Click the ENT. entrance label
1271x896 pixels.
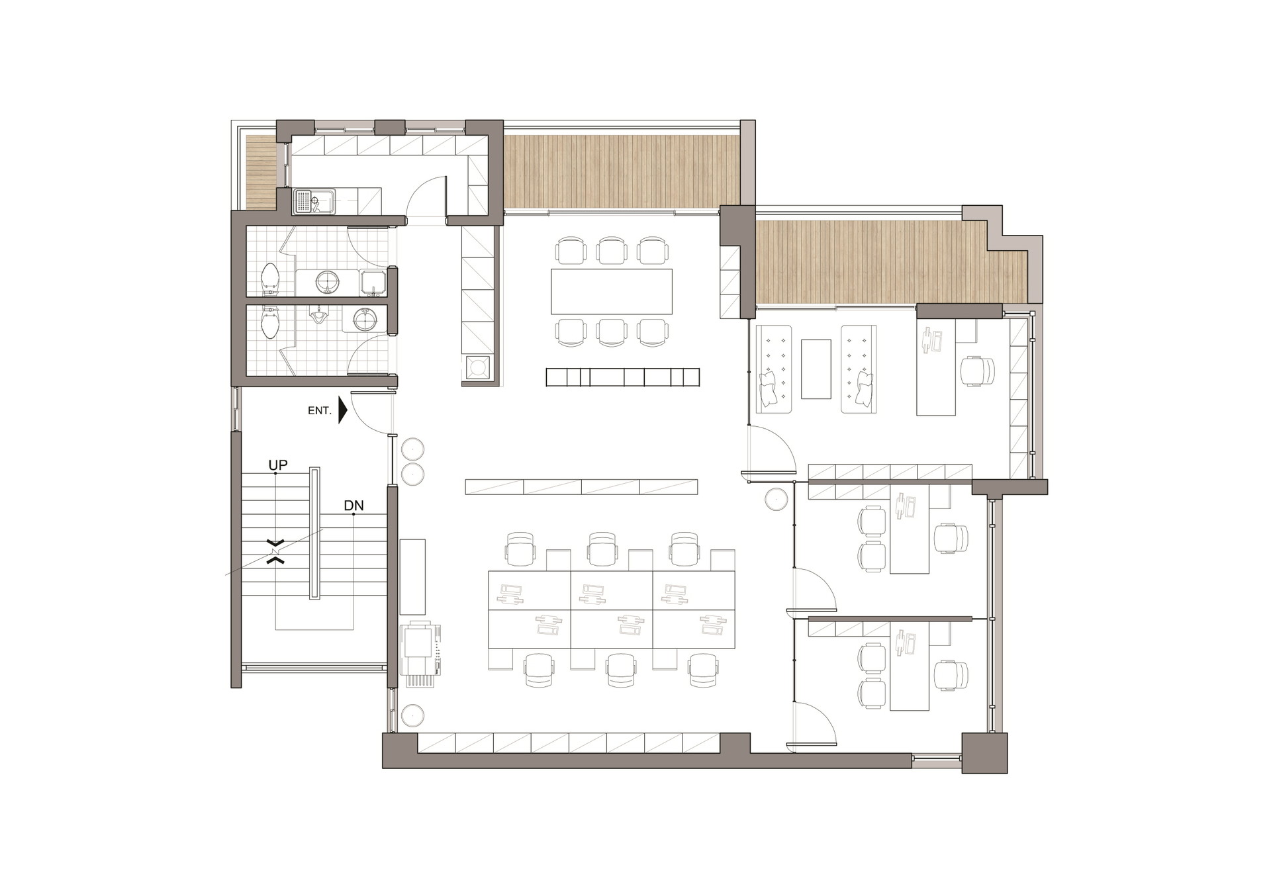pos(319,411)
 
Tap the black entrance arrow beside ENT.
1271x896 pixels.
pos(343,410)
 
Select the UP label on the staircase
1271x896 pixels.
pos(278,465)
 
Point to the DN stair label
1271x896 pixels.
pos(353,506)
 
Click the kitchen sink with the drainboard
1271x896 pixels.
pos(314,201)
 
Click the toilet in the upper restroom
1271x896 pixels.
pos(270,279)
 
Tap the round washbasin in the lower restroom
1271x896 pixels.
pos(365,320)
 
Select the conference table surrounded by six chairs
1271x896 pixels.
pos(611,291)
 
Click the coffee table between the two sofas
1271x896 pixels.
pos(816,369)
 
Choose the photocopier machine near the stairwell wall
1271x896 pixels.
pos(420,654)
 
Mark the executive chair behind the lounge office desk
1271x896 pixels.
pos(977,371)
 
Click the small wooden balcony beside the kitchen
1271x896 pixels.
pos(261,172)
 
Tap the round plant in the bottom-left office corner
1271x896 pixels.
pos(412,715)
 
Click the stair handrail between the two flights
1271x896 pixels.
pos(314,533)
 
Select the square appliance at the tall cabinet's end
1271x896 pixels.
pos(478,368)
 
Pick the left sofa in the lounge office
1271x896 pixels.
pos(774,369)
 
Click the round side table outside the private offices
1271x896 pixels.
pos(776,499)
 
